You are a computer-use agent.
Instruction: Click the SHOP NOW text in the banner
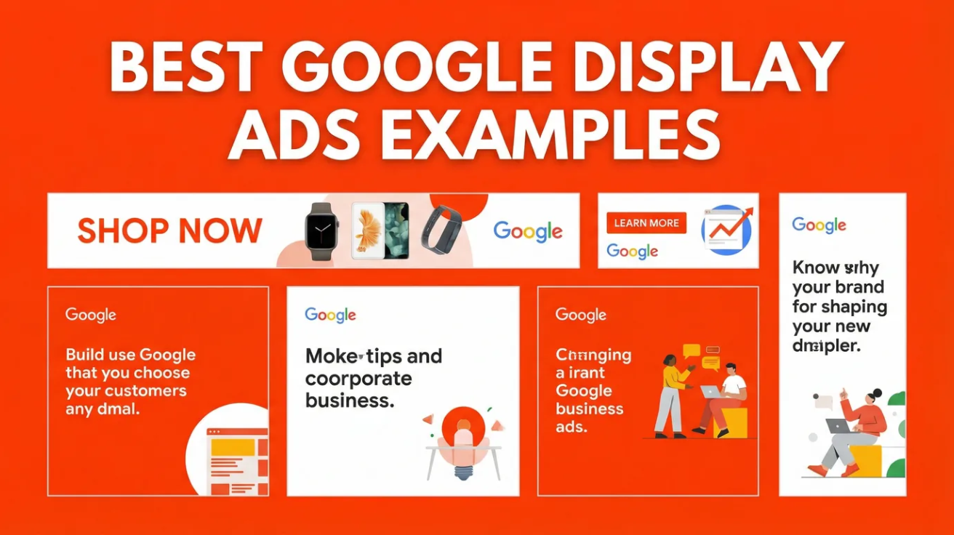pyautogui.click(x=169, y=231)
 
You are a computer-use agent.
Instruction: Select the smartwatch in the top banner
pyautogui.click(x=321, y=230)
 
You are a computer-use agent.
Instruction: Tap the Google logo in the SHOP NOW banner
pyautogui.click(x=528, y=231)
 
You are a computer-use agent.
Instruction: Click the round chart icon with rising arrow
pyautogui.click(x=726, y=229)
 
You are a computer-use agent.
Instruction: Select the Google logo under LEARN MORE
pyautogui.click(x=632, y=252)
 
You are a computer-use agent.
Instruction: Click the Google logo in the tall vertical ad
pyautogui.click(x=819, y=225)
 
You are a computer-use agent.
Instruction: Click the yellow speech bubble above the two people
pyautogui.click(x=691, y=352)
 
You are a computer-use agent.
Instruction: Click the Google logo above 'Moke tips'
pyautogui.click(x=330, y=315)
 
